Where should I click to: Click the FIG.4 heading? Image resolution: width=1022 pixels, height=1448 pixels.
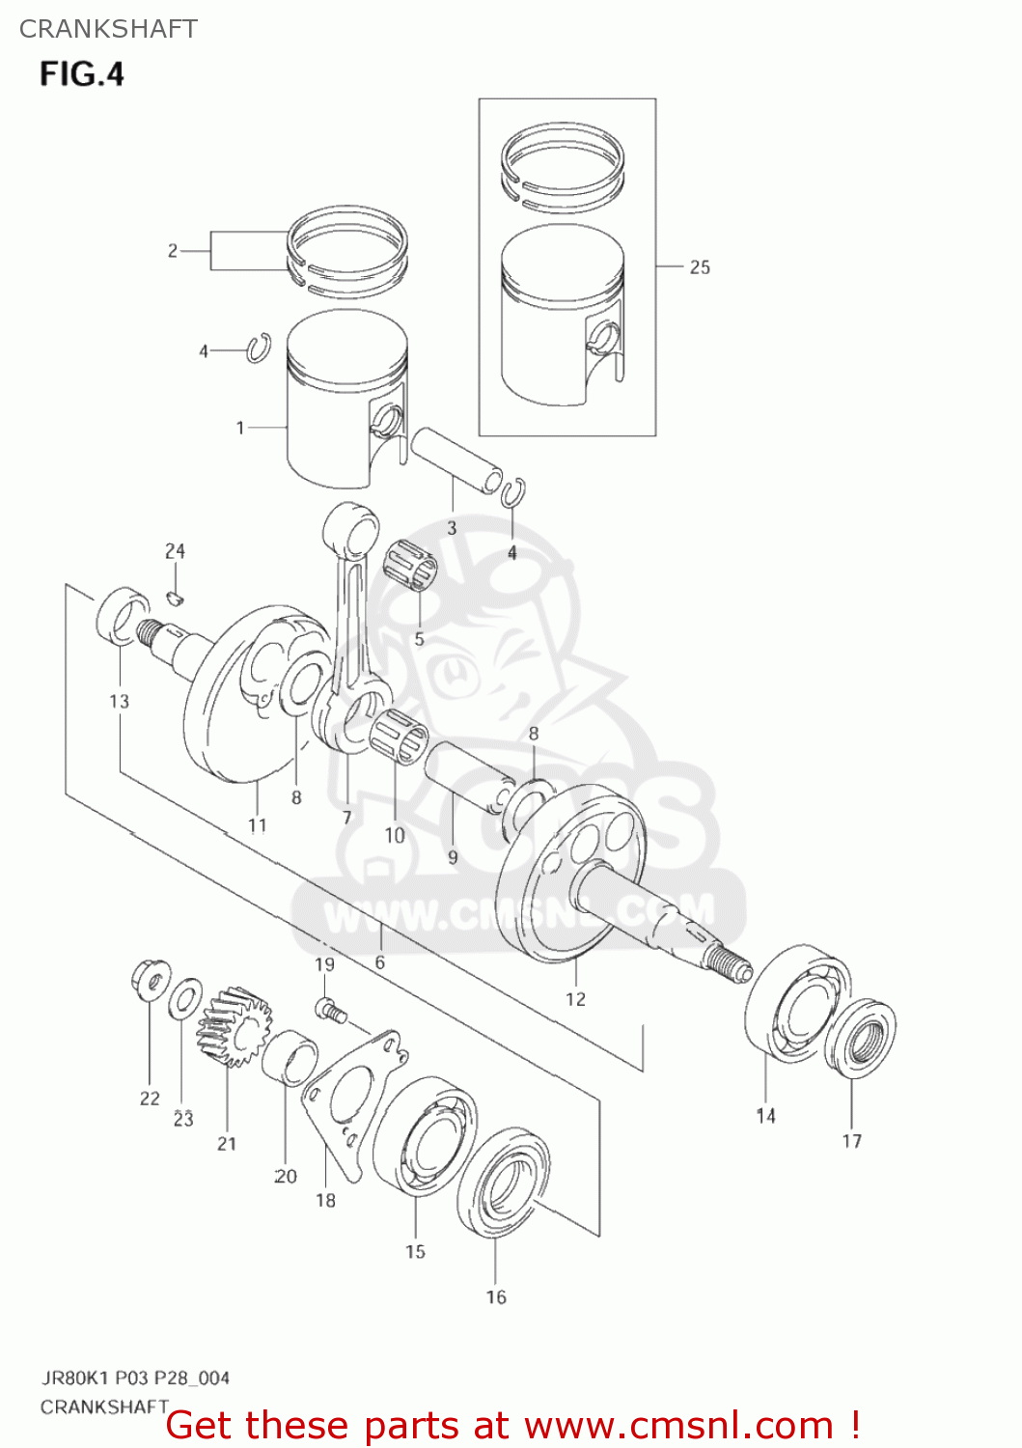pos(82,74)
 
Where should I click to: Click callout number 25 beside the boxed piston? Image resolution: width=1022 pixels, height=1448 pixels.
pos(700,267)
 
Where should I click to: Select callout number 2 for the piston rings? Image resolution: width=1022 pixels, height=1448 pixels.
pos(173,251)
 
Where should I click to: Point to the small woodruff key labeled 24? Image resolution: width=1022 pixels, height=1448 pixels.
pos(175,597)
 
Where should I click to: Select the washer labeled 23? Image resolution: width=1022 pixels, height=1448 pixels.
pos(184,998)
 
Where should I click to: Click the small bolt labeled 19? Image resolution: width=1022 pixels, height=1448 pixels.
pos(329,1010)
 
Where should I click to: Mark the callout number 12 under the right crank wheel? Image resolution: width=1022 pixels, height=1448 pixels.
pos(575,999)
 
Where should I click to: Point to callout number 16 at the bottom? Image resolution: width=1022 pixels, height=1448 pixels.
pos(495,1296)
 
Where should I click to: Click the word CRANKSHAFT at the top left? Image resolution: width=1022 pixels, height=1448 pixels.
pos(108,29)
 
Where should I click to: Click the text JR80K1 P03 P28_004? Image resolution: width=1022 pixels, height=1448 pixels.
pos(135,1378)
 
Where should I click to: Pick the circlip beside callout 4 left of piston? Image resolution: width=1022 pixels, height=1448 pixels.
pos(258,348)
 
